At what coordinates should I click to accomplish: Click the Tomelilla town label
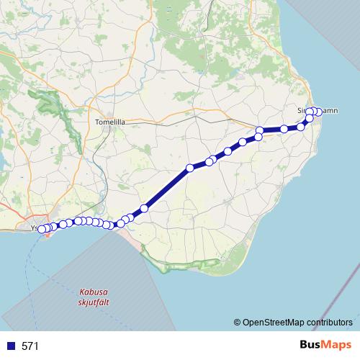(110, 122)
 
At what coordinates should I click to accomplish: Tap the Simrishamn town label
(317, 110)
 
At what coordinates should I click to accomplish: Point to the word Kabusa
(94, 292)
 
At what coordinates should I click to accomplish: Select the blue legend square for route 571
(12, 346)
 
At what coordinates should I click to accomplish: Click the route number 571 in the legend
(30, 346)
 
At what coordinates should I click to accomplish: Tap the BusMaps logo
(325, 345)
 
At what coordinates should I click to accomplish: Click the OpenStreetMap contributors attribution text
(297, 322)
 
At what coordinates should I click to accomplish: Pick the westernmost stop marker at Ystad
(40, 230)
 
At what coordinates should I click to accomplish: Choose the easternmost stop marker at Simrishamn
(318, 112)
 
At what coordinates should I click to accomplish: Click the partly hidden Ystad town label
(35, 228)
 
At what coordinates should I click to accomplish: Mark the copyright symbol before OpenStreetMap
(237, 322)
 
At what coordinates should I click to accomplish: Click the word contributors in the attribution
(330, 322)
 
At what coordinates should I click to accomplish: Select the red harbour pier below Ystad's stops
(48, 234)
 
